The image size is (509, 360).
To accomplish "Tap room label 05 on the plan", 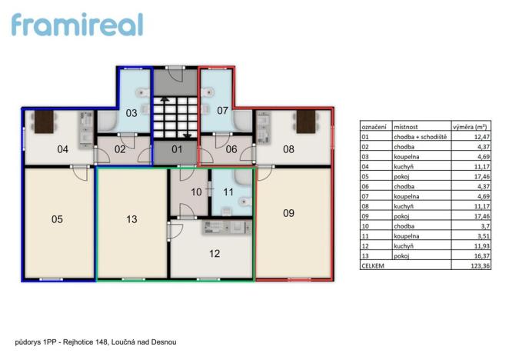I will [57, 219].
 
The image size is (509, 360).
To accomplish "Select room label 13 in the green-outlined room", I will [131, 219].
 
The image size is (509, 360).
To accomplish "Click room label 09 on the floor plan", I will [288, 213].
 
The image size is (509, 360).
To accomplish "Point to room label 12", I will [215, 252].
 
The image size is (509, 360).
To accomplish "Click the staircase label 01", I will [176, 148].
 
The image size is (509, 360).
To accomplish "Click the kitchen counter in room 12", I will [225, 227].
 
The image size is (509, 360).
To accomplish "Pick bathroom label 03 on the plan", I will [131, 112].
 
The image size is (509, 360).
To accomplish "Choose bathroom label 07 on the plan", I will [222, 111].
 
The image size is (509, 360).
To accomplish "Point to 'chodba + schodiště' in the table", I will [420, 136].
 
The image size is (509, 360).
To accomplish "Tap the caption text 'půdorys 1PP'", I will [36, 341].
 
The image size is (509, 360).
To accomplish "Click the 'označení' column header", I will [374, 125].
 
